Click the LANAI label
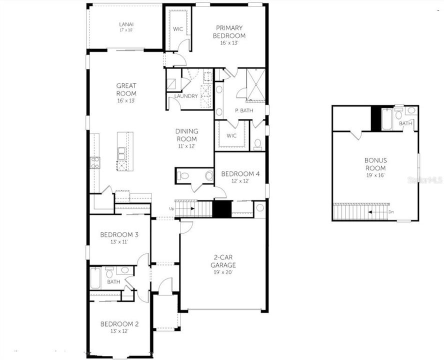click(126, 24)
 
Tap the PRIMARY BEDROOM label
click(229, 32)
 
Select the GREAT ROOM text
click(126, 89)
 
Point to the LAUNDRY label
click(186, 96)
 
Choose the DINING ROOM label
click(186, 135)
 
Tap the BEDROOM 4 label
click(240, 173)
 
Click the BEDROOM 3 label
click(119, 234)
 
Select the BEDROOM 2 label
click(119, 323)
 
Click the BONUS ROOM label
click(375, 164)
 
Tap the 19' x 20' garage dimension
click(223, 272)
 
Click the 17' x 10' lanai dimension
click(126, 30)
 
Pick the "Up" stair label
click(171, 208)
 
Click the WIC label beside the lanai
click(177, 29)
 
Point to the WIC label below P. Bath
click(231, 135)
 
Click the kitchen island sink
click(120, 152)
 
